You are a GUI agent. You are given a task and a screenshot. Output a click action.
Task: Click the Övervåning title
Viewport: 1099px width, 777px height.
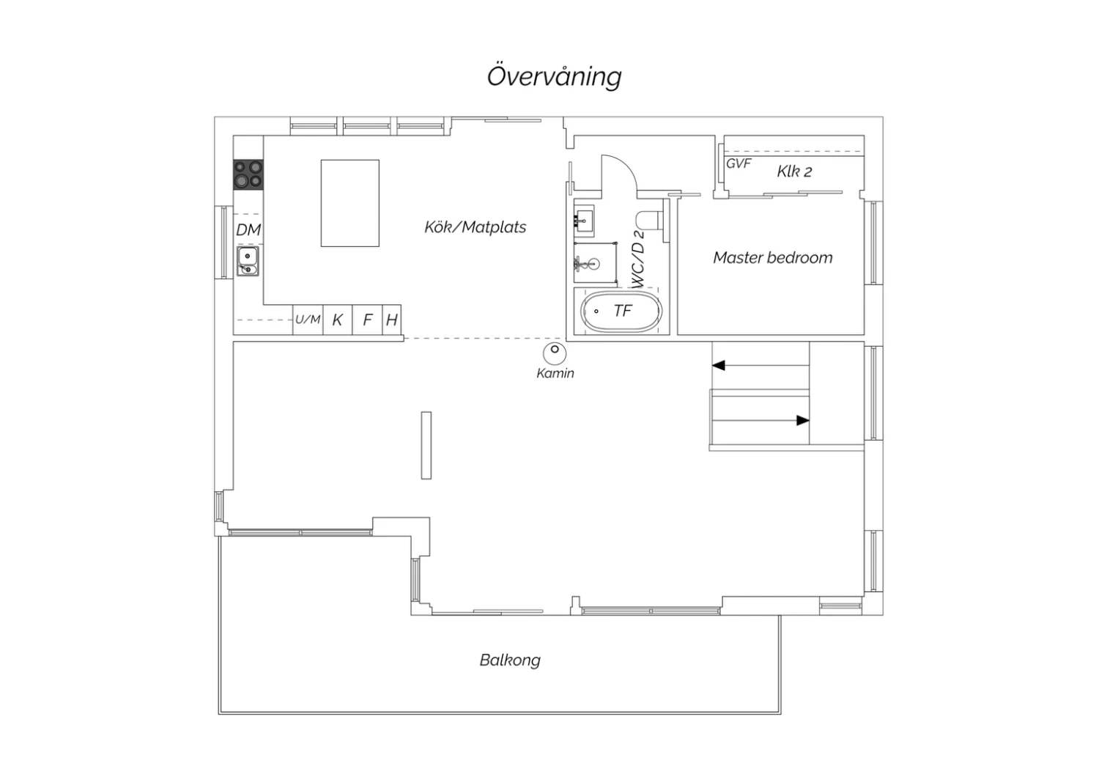[555, 76]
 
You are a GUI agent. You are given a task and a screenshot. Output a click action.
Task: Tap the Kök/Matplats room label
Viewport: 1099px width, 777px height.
[475, 227]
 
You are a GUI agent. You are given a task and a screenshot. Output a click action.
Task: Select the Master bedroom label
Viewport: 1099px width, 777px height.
[773, 257]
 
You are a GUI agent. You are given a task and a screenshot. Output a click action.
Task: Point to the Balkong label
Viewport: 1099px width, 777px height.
[510, 660]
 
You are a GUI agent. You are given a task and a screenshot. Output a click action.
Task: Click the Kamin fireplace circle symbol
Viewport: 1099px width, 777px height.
[555, 353]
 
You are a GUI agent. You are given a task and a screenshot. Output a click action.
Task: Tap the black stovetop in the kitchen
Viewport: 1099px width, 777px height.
[248, 174]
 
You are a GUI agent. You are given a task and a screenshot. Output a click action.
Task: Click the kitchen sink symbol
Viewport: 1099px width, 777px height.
[248, 261]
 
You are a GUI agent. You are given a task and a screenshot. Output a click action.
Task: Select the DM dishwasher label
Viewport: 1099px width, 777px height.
[248, 229]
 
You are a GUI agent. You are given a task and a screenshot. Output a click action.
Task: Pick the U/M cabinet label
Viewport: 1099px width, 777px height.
[308, 320]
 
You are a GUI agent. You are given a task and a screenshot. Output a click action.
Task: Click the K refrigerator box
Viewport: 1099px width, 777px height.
[338, 320]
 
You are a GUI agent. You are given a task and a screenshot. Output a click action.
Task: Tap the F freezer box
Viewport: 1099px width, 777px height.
[368, 320]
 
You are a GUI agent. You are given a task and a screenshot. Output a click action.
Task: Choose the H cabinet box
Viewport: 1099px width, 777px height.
[391, 320]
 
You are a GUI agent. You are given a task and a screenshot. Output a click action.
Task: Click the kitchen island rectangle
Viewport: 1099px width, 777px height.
[349, 203]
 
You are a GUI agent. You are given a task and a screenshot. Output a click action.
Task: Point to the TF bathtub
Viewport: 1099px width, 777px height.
[621, 311]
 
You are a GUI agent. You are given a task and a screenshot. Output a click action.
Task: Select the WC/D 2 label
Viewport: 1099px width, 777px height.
[638, 259]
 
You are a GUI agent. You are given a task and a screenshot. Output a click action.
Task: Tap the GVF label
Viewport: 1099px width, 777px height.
[739, 163]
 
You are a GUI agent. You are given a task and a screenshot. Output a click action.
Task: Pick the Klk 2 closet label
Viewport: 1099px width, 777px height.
[794, 172]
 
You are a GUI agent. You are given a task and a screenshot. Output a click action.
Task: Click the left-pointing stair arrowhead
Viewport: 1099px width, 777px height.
[718, 365]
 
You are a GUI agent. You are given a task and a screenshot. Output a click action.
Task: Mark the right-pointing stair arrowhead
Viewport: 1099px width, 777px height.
[803, 420]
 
